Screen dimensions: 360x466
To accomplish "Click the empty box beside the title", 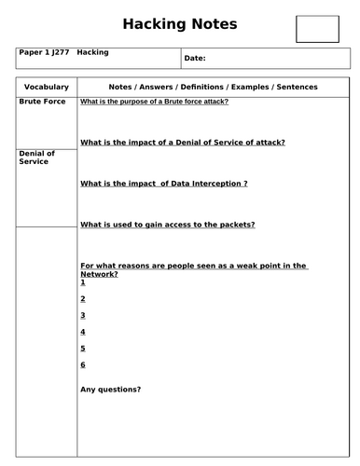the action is pyautogui.click(x=316, y=28).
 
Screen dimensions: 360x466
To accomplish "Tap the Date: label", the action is pyautogui.click(x=195, y=59).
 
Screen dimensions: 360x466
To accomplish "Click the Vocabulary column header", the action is pyautogui.click(x=45, y=87).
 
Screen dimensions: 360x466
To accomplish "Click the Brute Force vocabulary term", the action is pyautogui.click(x=42, y=101).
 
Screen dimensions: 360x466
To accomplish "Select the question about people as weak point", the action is pyautogui.click(x=194, y=270).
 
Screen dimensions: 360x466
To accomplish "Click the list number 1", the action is pyautogui.click(x=83, y=281).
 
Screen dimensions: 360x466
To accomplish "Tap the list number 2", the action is pyautogui.click(x=83, y=298).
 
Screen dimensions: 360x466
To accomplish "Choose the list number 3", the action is pyautogui.click(x=83, y=315).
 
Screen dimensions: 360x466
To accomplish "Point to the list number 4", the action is pyautogui.click(x=83, y=332).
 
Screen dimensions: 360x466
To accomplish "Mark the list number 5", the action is pyautogui.click(x=83, y=348).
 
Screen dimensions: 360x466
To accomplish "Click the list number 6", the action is pyautogui.click(x=83, y=364).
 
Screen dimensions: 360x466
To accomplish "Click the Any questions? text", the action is pyautogui.click(x=111, y=389).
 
